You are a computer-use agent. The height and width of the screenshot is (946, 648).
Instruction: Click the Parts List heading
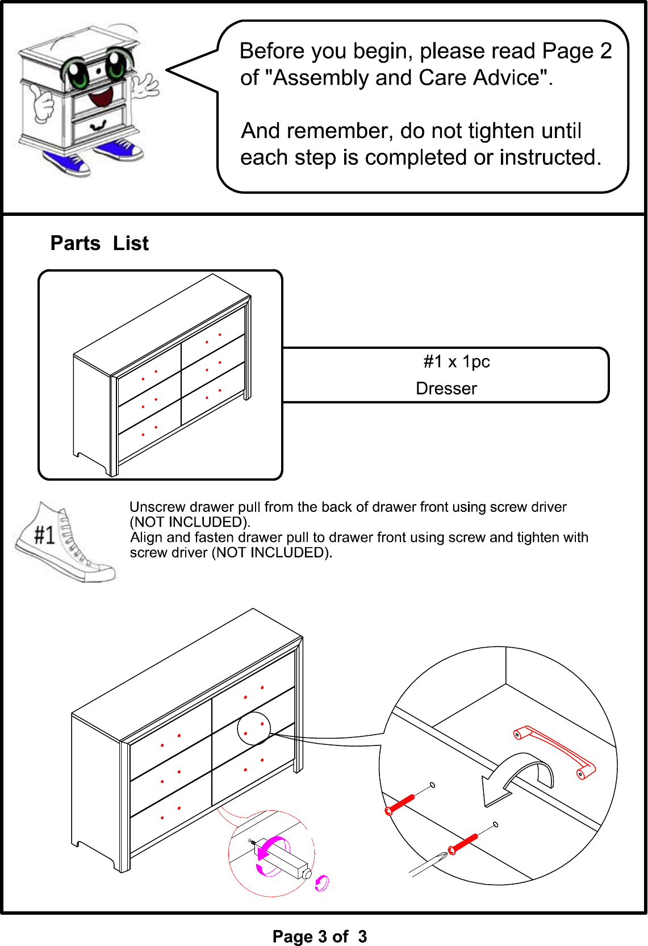tap(99, 244)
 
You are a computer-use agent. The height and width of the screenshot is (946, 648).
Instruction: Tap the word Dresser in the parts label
tap(446, 389)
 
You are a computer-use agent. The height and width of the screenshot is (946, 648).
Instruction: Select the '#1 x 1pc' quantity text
tap(457, 361)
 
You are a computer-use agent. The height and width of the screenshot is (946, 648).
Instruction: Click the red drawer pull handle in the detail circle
tap(554, 752)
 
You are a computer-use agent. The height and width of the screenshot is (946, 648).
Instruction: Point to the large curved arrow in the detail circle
tap(517, 778)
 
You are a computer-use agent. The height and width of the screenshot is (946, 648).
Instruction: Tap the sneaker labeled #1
tap(65, 542)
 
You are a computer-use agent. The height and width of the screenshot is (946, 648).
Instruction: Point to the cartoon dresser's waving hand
tap(145, 85)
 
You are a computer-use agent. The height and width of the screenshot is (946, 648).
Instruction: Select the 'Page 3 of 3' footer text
tap(320, 936)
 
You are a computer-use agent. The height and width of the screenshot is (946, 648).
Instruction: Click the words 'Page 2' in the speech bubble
tap(576, 51)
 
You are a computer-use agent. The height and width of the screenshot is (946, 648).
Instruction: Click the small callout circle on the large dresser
tap(254, 728)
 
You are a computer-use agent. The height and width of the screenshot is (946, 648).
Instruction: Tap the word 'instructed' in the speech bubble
tap(550, 157)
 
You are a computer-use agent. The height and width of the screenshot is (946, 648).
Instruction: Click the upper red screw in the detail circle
tap(399, 805)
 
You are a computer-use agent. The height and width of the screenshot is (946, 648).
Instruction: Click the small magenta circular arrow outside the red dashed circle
tap(321, 883)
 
